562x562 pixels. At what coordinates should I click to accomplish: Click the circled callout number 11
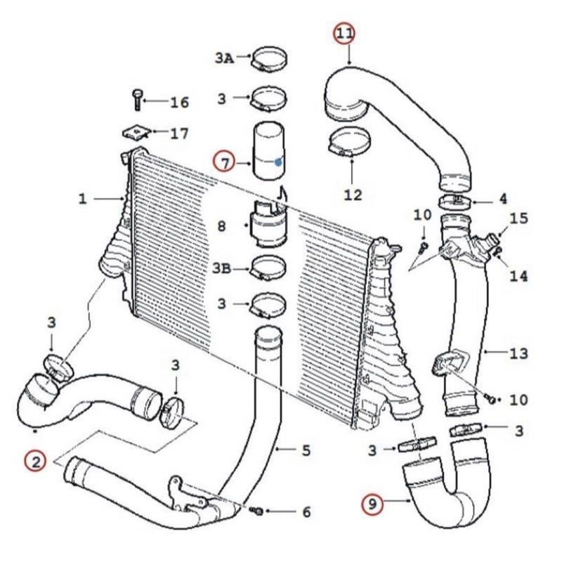pyautogui.click(x=344, y=33)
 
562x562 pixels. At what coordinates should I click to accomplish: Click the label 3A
pyautogui.click(x=224, y=58)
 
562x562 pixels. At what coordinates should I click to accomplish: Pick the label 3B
pyautogui.click(x=224, y=267)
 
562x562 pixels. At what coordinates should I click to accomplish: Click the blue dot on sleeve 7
pyautogui.click(x=279, y=161)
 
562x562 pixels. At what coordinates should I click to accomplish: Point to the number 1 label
pyautogui.click(x=83, y=200)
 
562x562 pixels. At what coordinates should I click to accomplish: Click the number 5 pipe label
pyautogui.click(x=306, y=449)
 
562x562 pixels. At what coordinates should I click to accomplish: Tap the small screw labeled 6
pyautogui.click(x=257, y=509)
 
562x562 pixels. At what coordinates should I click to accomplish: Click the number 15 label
pyautogui.click(x=518, y=218)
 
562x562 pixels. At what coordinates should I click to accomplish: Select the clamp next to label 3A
pyautogui.click(x=267, y=58)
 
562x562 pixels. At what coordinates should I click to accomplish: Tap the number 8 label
pyautogui.click(x=222, y=226)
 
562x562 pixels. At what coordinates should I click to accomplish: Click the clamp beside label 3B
pyautogui.click(x=267, y=268)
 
